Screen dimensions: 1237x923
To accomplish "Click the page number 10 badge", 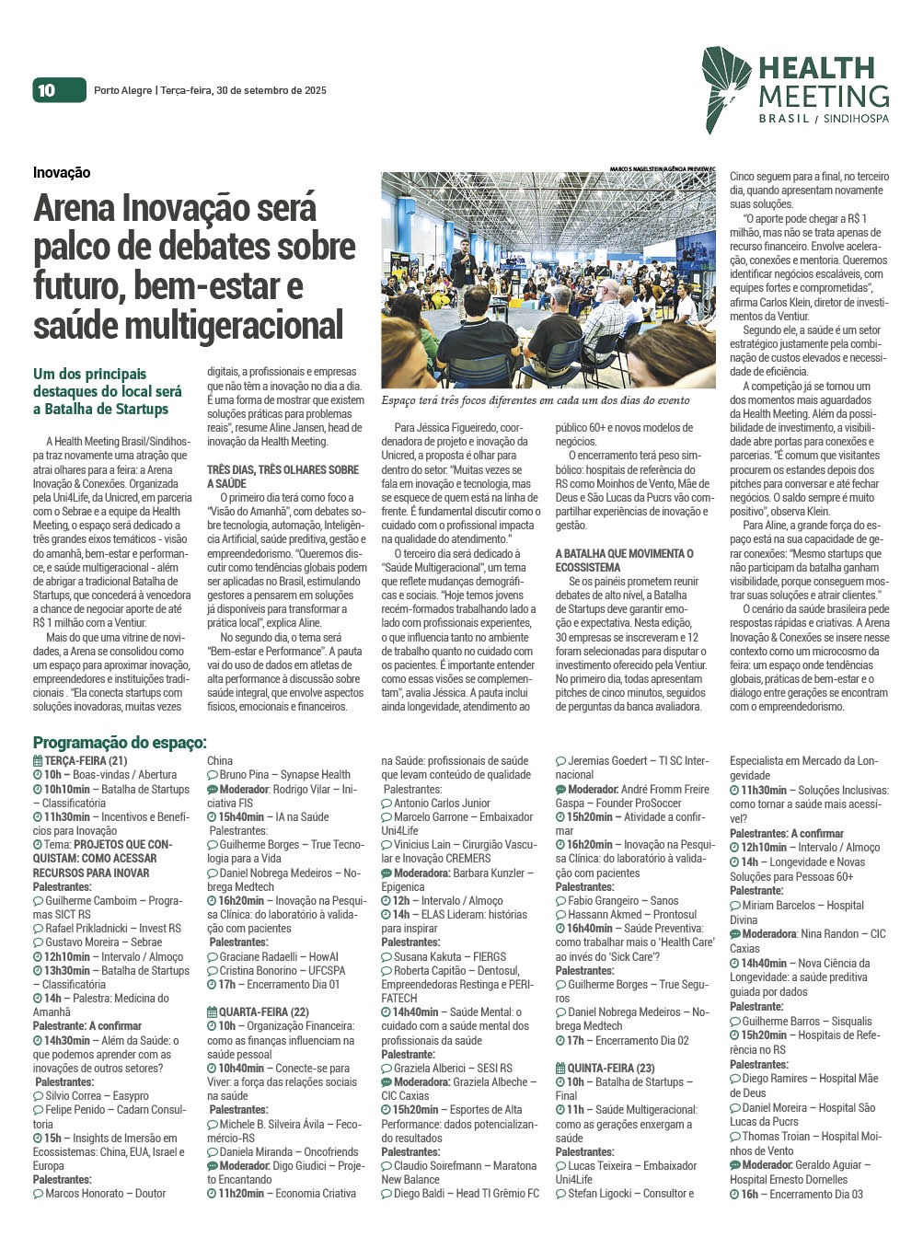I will (47, 89).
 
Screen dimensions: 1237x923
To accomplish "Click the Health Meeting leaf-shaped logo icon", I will (726, 88).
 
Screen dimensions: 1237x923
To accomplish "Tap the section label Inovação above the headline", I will (62, 172).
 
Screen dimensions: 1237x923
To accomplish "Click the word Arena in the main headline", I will (75, 209).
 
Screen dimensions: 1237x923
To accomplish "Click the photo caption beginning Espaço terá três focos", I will (535, 400).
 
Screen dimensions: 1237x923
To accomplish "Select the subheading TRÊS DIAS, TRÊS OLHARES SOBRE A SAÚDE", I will (283, 476).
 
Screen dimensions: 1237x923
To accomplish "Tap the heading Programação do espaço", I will (120, 743).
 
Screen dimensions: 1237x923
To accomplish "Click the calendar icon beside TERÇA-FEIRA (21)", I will (38, 761).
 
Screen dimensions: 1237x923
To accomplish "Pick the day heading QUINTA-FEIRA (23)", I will (610, 1068).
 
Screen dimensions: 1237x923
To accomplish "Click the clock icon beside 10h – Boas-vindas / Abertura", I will (38, 775).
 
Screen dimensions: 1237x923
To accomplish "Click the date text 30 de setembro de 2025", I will (271, 90).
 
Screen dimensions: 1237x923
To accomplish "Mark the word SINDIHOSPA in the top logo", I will (856, 119).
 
